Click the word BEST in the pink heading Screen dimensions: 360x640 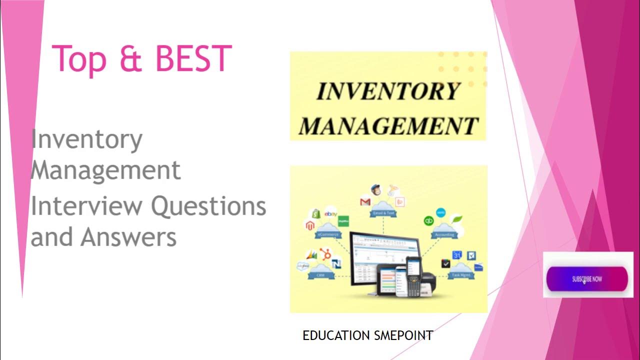193,59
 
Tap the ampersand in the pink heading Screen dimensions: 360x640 130,59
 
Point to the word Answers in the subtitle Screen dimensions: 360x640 128,237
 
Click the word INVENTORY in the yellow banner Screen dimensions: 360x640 388,91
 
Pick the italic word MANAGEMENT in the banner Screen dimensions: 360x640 388,125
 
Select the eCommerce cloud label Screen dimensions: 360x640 327,234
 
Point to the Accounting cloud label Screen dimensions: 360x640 444,234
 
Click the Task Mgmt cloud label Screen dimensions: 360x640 458,274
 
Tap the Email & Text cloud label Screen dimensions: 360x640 383,213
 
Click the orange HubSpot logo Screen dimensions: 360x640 326,254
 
